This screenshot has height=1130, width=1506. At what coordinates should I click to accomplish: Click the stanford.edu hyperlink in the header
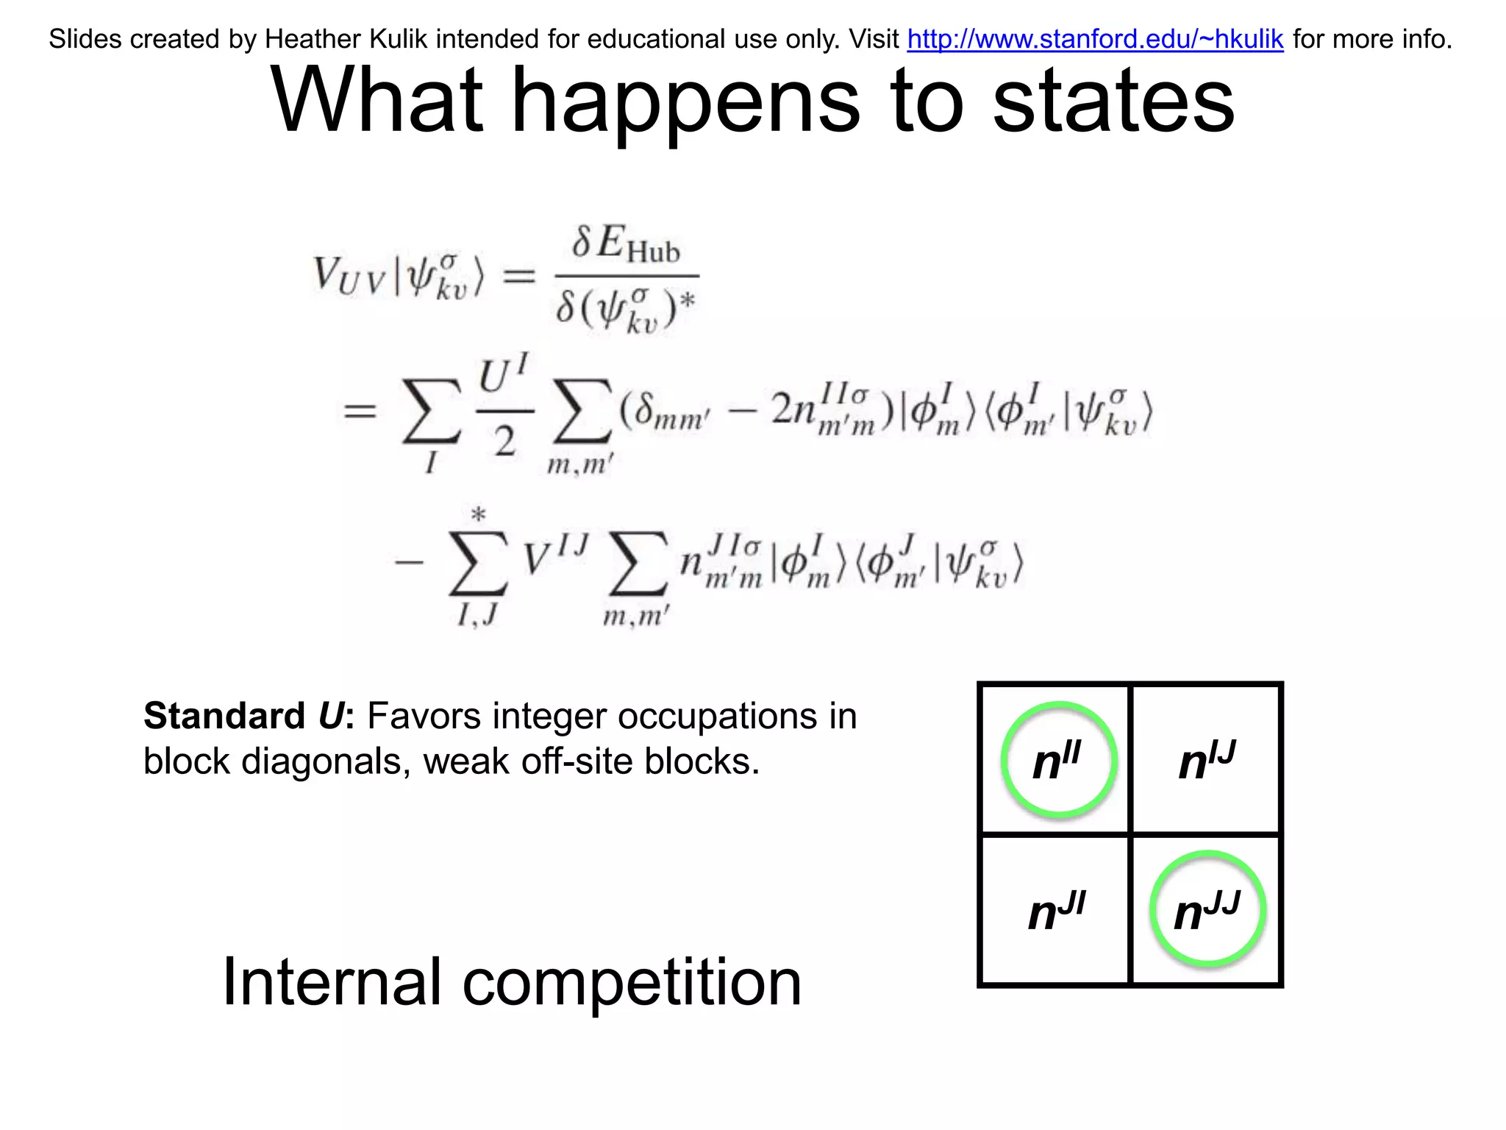point(1095,39)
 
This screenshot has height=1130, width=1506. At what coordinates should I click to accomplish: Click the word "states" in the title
point(1113,101)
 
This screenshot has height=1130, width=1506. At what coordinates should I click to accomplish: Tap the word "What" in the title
point(377,101)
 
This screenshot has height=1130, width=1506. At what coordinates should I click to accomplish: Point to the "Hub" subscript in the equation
point(653,252)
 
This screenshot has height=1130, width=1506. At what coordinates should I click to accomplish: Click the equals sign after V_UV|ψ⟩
point(518,277)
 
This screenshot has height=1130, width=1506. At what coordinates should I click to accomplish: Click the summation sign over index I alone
point(431,412)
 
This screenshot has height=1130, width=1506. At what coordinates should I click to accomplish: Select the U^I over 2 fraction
point(504,408)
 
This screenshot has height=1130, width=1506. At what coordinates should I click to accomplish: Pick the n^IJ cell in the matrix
point(1206,761)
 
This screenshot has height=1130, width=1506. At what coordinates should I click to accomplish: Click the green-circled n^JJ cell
point(1207,910)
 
